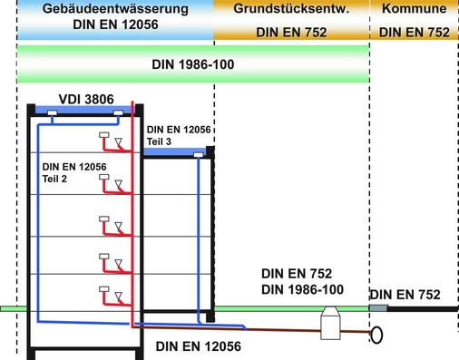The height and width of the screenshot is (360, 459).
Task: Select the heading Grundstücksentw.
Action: coord(291,10)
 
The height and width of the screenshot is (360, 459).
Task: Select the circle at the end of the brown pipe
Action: coord(377,335)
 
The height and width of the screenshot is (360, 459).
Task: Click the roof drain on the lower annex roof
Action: coord(198,156)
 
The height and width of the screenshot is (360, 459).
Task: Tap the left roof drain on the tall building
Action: coord(54,113)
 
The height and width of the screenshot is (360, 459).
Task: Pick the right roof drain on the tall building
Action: coord(121,113)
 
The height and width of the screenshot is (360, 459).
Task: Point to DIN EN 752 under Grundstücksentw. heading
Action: coord(291,34)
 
